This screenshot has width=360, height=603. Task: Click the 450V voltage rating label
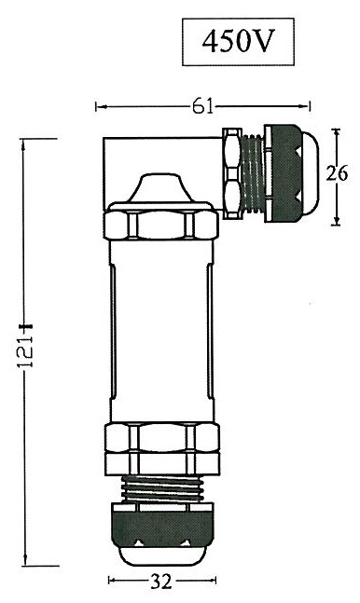238,42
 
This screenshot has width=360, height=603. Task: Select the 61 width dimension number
202,106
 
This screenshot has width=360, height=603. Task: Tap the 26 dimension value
337,173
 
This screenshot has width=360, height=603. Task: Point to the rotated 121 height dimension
26,352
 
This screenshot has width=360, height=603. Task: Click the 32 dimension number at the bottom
160,582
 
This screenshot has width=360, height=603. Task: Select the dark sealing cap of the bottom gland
161,525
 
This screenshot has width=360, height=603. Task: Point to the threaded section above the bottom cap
161,488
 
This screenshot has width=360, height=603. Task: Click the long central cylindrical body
161,331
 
